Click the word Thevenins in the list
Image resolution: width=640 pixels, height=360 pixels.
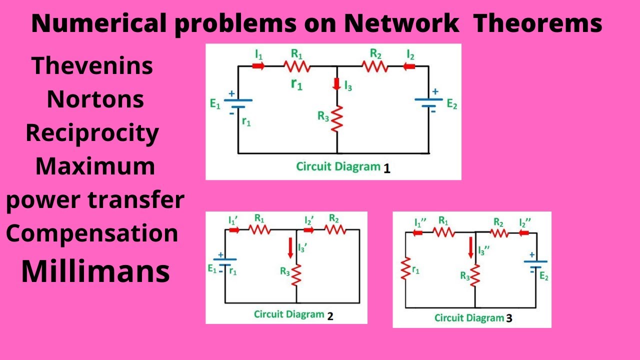pyautogui.click(x=92, y=66)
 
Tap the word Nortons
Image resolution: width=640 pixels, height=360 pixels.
pyautogui.click(x=95, y=100)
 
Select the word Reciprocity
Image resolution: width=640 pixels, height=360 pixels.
pyautogui.click(x=92, y=133)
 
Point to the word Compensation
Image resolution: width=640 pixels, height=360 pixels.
pyautogui.click(x=92, y=234)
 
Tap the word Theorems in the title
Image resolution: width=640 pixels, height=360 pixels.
pyautogui.click(x=537, y=24)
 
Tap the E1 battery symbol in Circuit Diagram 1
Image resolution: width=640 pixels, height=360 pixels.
pyautogui.click(x=238, y=103)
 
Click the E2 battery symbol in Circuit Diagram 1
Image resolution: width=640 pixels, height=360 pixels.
pyautogui.click(x=428, y=102)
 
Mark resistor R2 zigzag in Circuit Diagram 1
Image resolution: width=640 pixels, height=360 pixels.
pyautogui.click(x=375, y=65)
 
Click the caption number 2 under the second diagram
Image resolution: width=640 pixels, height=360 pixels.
pyautogui.click(x=330, y=316)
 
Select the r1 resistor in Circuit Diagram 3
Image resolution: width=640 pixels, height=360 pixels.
pyautogui.click(x=405, y=270)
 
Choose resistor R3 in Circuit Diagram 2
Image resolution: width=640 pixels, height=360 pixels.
pyautogui.click(x=296, y=274)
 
